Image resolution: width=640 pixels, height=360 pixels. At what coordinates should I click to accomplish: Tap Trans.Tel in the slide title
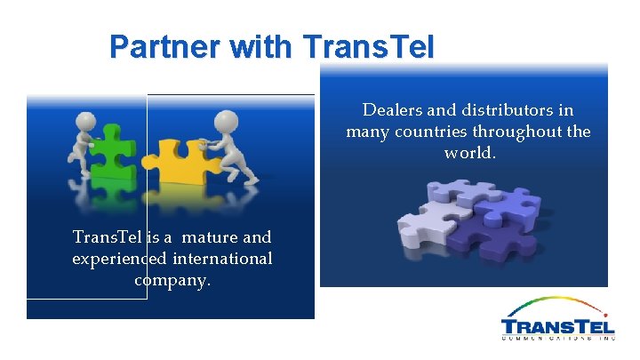(x=369, y=46)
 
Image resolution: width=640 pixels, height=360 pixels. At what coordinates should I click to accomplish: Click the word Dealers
(x=393, y=110)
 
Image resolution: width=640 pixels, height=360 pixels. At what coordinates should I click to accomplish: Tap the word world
(x=470, y=153)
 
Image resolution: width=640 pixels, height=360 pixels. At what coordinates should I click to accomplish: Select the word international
(x=224, y=259)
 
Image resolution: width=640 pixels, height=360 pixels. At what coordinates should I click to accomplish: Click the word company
(x=172, y=280)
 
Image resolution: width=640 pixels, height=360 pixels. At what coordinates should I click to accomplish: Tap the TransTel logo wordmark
(x=557, y=325)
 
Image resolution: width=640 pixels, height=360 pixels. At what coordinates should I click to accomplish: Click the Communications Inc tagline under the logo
(x=557, y=339)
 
